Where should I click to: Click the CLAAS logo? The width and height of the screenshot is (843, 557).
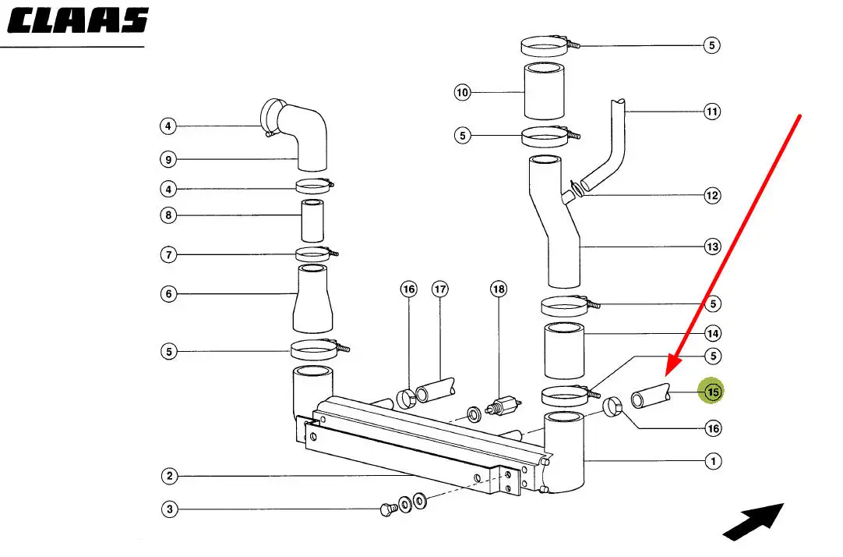click(77, 21)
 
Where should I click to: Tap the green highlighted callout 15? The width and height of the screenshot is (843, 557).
click(711, 392)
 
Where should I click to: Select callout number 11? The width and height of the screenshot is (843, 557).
click(712, 112)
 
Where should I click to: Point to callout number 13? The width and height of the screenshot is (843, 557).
click(712, 247)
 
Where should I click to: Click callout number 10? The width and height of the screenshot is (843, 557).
click(462, 93)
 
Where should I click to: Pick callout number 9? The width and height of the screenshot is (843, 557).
click(168, 159)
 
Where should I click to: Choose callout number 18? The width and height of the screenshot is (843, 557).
click(499, 289)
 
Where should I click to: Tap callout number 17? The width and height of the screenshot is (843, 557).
click(440, 289)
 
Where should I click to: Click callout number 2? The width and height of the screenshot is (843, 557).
click(169, 476)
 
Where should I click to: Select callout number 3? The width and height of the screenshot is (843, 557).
click(169, 509)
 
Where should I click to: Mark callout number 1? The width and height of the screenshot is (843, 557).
click(713, 461)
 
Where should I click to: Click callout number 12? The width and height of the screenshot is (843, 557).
click(712, 195)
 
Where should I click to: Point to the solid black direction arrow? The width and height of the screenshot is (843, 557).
click(753, 521)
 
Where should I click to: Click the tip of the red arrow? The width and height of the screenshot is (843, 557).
click(667, 375)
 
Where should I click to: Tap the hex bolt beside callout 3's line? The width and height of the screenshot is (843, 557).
click(388, 509)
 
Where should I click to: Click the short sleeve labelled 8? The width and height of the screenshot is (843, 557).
click(312, 221)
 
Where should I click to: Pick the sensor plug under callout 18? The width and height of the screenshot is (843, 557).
click(503, 405)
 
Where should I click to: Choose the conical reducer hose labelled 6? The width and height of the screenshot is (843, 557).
click(312, 299)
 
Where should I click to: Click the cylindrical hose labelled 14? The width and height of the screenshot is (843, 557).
click(564, 350)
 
